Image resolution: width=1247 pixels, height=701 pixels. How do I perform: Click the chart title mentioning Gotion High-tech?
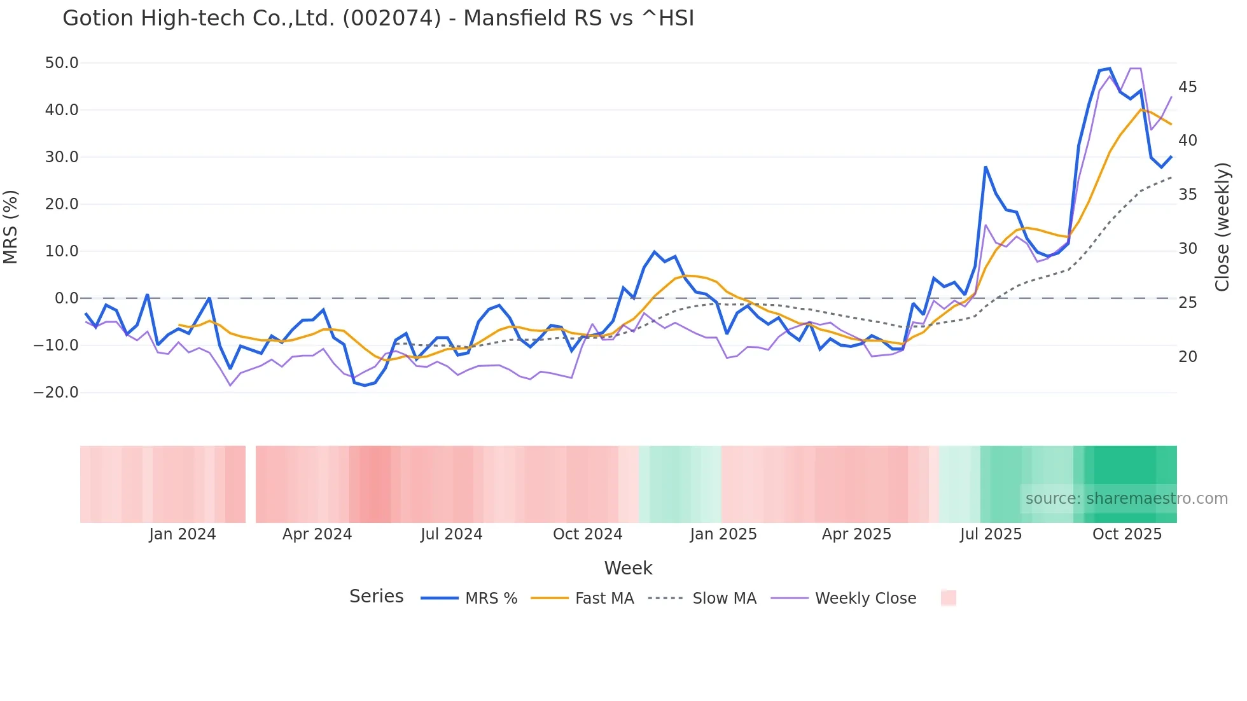pyautogui.click(x=378, y=18)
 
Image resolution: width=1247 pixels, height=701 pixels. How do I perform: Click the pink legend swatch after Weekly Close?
pyautogui.click(x=948, y=599)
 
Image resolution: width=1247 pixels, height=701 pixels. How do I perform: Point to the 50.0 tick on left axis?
pyautogui.click(x=62, y=63)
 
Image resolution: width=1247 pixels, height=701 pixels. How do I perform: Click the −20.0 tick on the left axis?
pyautogui.click(x=56, y=392)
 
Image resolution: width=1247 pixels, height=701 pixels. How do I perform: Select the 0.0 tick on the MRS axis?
pyautogui.click(x=66, y=298)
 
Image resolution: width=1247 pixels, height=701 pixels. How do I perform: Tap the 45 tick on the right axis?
pyautogui.click(x=1187, y=87)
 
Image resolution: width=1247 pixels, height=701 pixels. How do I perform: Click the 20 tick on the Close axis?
pyautogui.click(x=1187, y=357)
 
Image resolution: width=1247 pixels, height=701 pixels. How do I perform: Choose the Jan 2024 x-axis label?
pyautogui.click(x=183, y=534)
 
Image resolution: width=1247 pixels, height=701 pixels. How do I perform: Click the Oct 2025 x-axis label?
pyautogui.click(x=1127, y=534)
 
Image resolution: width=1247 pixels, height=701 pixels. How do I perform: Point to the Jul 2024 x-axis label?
pyautogui.click(x=451, y=534)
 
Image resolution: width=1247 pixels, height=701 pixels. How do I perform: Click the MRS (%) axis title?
pyautogui.click(x=11, y=227)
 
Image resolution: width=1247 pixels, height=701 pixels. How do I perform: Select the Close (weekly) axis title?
pyautogui.click(x=1222, y=227)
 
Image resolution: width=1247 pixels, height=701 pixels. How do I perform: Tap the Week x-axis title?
pyautogui.click(x=628, y=568)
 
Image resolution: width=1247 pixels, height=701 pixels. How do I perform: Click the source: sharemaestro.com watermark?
pyautogui.click(x=1126, y=499)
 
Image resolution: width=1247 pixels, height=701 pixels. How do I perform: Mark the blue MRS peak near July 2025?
pyautogui.click(x=986, y=167)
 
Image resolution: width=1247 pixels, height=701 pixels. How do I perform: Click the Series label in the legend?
pyautogui.click(x=376, y=597)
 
